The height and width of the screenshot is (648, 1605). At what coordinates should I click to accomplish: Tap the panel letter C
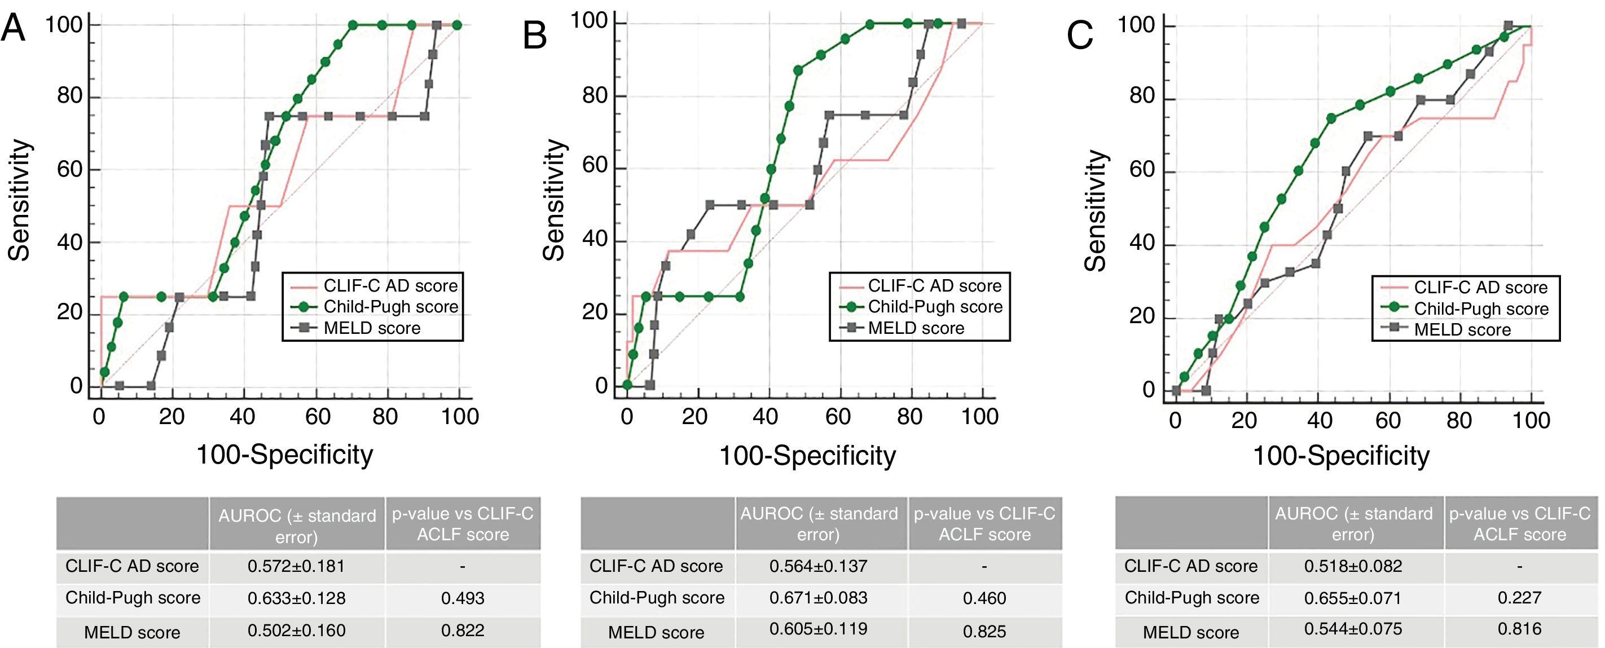point(1080,35)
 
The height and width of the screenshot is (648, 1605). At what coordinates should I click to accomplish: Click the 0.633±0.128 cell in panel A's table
point(296,598)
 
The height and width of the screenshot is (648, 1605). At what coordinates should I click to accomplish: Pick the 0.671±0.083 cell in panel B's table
point(818,598)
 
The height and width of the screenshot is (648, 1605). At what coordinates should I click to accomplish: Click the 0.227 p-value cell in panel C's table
point(1519,598)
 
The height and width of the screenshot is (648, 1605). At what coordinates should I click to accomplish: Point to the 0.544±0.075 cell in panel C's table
point(1353,629)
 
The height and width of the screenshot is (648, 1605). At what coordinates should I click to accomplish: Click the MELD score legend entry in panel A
point(371,328)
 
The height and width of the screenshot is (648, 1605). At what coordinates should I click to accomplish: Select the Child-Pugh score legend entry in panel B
point(935,307)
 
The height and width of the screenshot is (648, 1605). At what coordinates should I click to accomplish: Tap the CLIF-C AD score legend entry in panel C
point(1480,287)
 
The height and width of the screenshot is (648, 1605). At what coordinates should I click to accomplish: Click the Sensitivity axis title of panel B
point(554,200)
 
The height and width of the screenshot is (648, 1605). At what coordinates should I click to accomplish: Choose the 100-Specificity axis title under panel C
point(1341,456)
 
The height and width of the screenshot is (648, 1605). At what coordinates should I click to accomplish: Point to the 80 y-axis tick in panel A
point(70,96)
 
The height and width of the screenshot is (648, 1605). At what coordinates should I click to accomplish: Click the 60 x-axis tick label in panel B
point(837,416)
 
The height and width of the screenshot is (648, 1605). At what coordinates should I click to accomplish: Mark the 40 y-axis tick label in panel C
point(1141,243)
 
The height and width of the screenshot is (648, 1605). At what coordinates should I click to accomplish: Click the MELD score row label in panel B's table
point(656,632)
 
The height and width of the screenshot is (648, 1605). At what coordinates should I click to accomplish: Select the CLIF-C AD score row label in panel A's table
point(132,566)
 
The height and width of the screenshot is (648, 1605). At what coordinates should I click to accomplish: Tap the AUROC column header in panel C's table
point(1353,523)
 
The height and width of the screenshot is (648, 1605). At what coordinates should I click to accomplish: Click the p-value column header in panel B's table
point(984,523)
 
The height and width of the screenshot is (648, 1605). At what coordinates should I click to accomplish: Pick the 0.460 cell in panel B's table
point(984,598)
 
